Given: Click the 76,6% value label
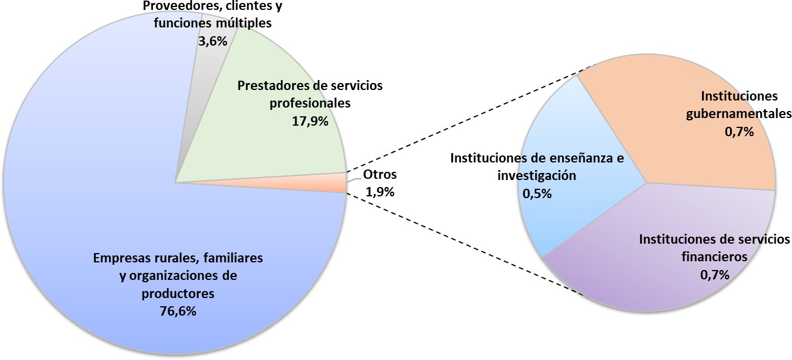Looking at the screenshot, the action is tap(178, 311).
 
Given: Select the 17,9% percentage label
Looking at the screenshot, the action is tap(310, 122).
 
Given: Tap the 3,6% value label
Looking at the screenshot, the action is tap(213, 41).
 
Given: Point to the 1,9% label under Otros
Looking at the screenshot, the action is tap(380, 192).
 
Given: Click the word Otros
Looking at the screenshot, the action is tap(380, 174).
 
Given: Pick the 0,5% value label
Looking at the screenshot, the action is tap(537, 193).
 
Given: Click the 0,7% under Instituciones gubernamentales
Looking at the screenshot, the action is tap(739, 132).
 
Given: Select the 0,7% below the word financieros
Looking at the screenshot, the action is tap(715, 275).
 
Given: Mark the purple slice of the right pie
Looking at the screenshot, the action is tap(654, 276).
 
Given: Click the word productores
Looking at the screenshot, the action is tap(178, 293).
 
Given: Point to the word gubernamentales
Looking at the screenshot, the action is tap(739, 114).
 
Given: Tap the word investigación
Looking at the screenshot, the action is tap(537, 175).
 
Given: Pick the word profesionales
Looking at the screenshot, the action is tap(310, 103).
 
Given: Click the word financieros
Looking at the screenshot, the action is tap(715, 257).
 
